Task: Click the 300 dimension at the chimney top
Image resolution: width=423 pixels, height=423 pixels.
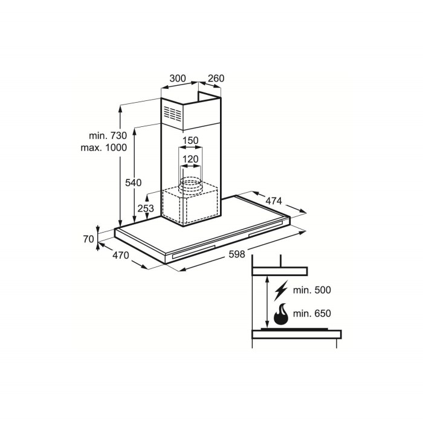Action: [178, 79]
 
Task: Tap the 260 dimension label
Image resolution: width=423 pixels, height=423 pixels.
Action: [216, 79]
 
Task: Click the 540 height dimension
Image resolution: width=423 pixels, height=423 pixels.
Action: [133, 182]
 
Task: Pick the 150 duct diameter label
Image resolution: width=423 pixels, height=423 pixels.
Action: [191, 141]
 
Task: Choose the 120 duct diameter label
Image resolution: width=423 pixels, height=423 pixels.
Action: [191, 160]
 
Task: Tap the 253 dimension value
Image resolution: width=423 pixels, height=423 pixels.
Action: [145, 208]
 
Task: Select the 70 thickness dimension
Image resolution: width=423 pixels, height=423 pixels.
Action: [88, 239]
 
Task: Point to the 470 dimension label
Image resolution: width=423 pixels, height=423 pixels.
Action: [121, 256]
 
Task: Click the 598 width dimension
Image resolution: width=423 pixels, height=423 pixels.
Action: [237, 254]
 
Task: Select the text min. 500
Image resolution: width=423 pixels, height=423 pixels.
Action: [312, 291]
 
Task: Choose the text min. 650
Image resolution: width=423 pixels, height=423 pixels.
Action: [312, 315]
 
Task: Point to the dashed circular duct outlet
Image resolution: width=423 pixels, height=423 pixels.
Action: [191, 186]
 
